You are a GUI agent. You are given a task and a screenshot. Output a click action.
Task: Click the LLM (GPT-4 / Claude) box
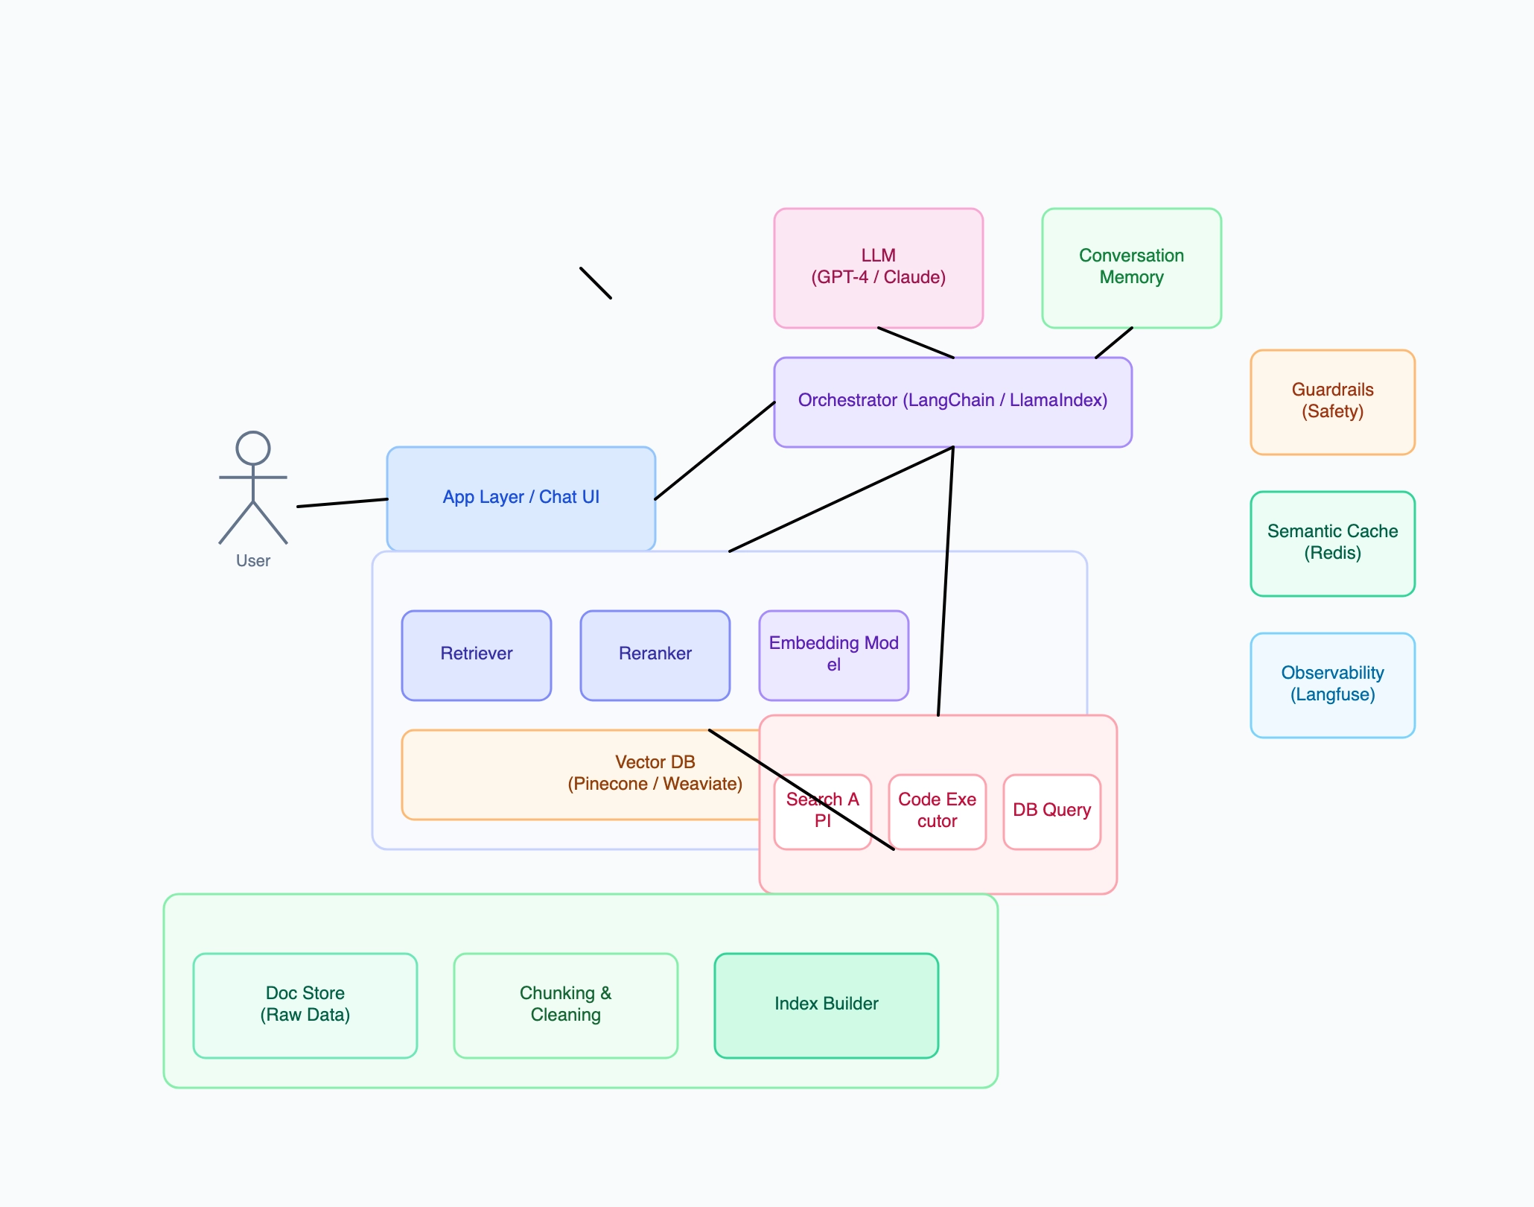[878, 267]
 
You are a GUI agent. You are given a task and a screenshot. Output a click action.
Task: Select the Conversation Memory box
[1131, 267]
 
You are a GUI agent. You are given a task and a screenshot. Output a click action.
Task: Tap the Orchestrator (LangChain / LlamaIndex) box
[952, 402]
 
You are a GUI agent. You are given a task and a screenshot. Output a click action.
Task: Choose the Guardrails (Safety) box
[1332, 402]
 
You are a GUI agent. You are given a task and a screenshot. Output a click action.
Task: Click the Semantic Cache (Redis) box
[1332, 543]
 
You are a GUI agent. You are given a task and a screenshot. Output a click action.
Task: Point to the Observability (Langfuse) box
[1332, 685]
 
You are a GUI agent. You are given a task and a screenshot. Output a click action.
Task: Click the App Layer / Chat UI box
[521, 498]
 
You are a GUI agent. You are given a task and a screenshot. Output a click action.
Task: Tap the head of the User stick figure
[252, 449]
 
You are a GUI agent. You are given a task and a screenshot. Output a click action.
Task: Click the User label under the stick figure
[252, 561]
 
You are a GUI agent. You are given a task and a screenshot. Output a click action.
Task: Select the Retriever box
[476, 655]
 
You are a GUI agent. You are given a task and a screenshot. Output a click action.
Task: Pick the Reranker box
[655, 655]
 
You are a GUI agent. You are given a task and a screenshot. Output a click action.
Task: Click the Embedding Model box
[833, 655]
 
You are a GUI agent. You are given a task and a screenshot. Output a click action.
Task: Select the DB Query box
[1051, 811]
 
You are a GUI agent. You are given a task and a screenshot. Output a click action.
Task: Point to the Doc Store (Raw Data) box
[305, 1005]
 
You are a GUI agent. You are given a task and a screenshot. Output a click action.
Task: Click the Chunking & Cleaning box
[565, 1005]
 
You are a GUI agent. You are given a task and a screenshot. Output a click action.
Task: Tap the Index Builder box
[826, 1005]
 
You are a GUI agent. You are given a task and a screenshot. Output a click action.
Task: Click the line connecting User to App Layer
[342, 503]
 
